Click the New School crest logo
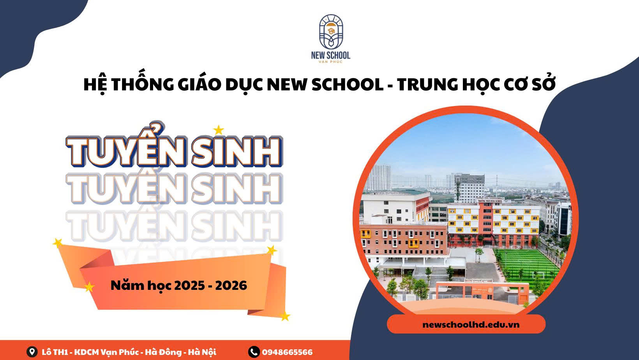(331, 32)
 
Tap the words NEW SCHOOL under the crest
(331, 55)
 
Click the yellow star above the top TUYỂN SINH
(219, 130)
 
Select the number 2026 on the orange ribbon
(231, 286)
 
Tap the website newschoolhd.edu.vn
(471, 325)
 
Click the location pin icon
(32, 352)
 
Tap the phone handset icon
(254, 352)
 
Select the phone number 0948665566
(287, 352)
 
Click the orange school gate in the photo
(482, 291)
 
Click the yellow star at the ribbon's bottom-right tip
(285, 316)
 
